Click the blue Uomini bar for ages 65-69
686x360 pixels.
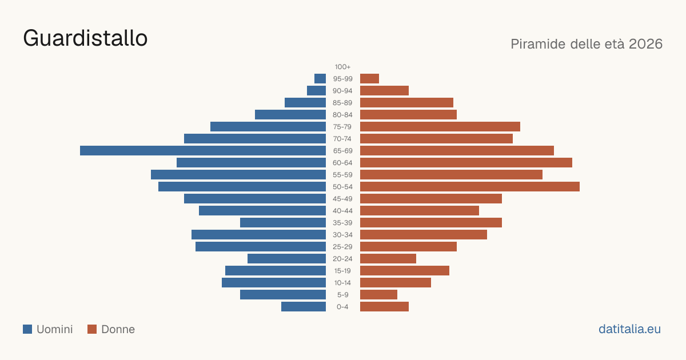tap(203, 151)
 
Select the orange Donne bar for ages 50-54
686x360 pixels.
tap(470, 187)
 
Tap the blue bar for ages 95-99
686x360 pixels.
tap(320, 79)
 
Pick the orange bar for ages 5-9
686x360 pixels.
tap(378, 295)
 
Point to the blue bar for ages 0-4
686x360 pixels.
tap(304, 307)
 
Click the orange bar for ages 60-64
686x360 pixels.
tap(466, 162)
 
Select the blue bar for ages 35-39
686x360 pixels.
tap(283, 222)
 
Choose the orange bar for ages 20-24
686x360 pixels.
tap(388, 259)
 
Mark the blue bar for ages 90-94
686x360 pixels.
tap(316, 91)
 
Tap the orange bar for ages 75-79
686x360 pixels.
tap(440, 127)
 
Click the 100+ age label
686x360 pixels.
tap(342, 67)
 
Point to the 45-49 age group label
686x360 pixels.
tap(342, 199)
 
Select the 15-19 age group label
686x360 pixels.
tap(342, 271)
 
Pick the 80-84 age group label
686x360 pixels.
tap(342, 115)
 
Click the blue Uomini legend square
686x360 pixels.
tap(27, 329)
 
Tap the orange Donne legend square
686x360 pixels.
tap(92, 329)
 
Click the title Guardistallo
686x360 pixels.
tap(85, 38)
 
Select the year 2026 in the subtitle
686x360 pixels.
tap(645, 44)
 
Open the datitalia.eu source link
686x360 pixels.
tap(629, 329)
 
